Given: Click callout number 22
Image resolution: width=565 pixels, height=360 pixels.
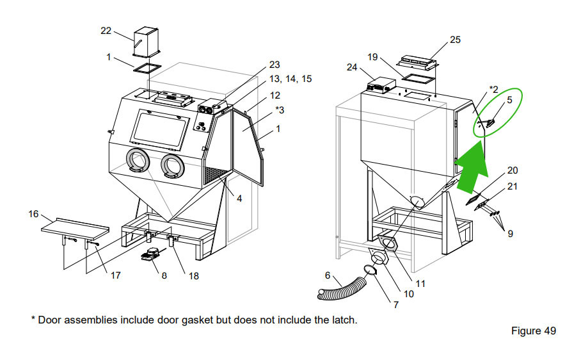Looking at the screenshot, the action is [x=106, y=31].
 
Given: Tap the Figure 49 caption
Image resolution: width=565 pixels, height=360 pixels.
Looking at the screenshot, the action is [x=533, y=331].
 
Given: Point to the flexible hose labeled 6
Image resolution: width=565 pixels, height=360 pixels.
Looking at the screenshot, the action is [x=342, y=288].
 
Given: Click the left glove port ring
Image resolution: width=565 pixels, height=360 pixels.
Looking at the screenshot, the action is [x=137, y=161].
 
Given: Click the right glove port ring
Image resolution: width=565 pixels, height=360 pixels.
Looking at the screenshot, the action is [x=173, y=165].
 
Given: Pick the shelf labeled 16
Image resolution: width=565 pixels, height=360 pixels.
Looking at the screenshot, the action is [x=75, y=228].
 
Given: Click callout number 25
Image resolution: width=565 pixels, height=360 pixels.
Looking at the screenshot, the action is [x=455, y=40].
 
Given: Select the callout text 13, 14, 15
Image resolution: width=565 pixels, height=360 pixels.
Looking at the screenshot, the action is [x=290, y=79].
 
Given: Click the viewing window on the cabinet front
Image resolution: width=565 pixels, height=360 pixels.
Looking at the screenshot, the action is [x=159, y=129].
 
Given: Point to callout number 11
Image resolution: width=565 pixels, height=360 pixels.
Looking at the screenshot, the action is [x=420, y=284].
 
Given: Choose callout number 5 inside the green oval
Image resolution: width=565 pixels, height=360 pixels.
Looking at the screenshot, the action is [x=509, y=100].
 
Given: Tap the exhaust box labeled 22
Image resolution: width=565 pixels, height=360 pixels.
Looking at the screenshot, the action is [x=147, y=42].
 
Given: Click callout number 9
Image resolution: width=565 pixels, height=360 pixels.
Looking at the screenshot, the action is [x=510, y=234].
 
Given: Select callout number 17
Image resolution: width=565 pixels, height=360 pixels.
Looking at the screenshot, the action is [x=115, y=275].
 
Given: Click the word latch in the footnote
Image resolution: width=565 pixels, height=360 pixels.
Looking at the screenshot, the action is [x=344, y=320].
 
